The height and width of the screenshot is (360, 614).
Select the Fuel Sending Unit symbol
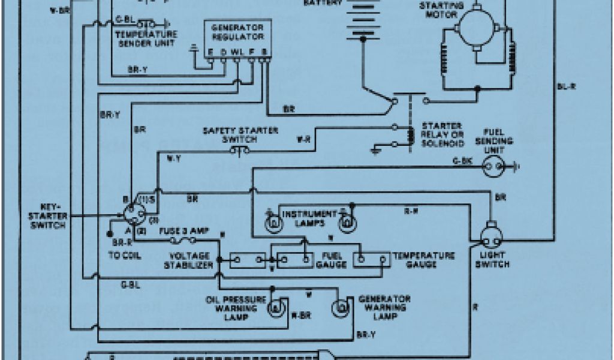[x=492, y=167]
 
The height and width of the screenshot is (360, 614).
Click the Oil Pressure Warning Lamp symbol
[x=275, y=307]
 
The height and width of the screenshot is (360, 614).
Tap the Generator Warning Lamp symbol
[x=340, y=308]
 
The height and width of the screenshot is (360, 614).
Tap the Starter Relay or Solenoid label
[x=443, y=134]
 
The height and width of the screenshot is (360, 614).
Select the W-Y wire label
[x=172, y=158]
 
